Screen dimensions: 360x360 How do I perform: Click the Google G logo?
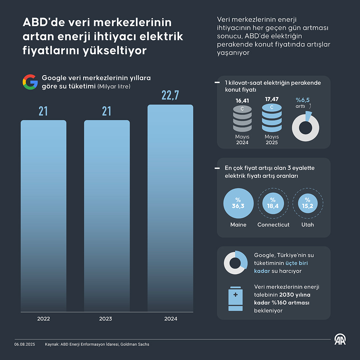point(30,82)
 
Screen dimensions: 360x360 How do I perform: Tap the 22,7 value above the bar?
point(170,95)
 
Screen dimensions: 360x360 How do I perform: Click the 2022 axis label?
point(43,319)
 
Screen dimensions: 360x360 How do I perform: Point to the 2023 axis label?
point(105,319)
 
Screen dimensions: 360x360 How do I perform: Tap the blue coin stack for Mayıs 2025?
point(272,118)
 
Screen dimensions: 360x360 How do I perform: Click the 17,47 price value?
point(272,99)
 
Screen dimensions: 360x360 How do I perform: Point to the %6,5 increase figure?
point(302,100)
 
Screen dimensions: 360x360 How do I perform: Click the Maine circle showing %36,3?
point(238,203)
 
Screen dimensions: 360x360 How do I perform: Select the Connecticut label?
point(273,225)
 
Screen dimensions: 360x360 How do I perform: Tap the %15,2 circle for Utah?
point(308,203)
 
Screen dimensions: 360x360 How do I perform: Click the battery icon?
point(235,299)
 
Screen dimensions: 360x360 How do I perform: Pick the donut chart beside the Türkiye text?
point(235,263)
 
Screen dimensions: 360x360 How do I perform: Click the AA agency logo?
point(340,339)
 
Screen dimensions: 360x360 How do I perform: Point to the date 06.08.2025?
point(24,344)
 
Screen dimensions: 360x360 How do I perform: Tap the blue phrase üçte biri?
point(296,263)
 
